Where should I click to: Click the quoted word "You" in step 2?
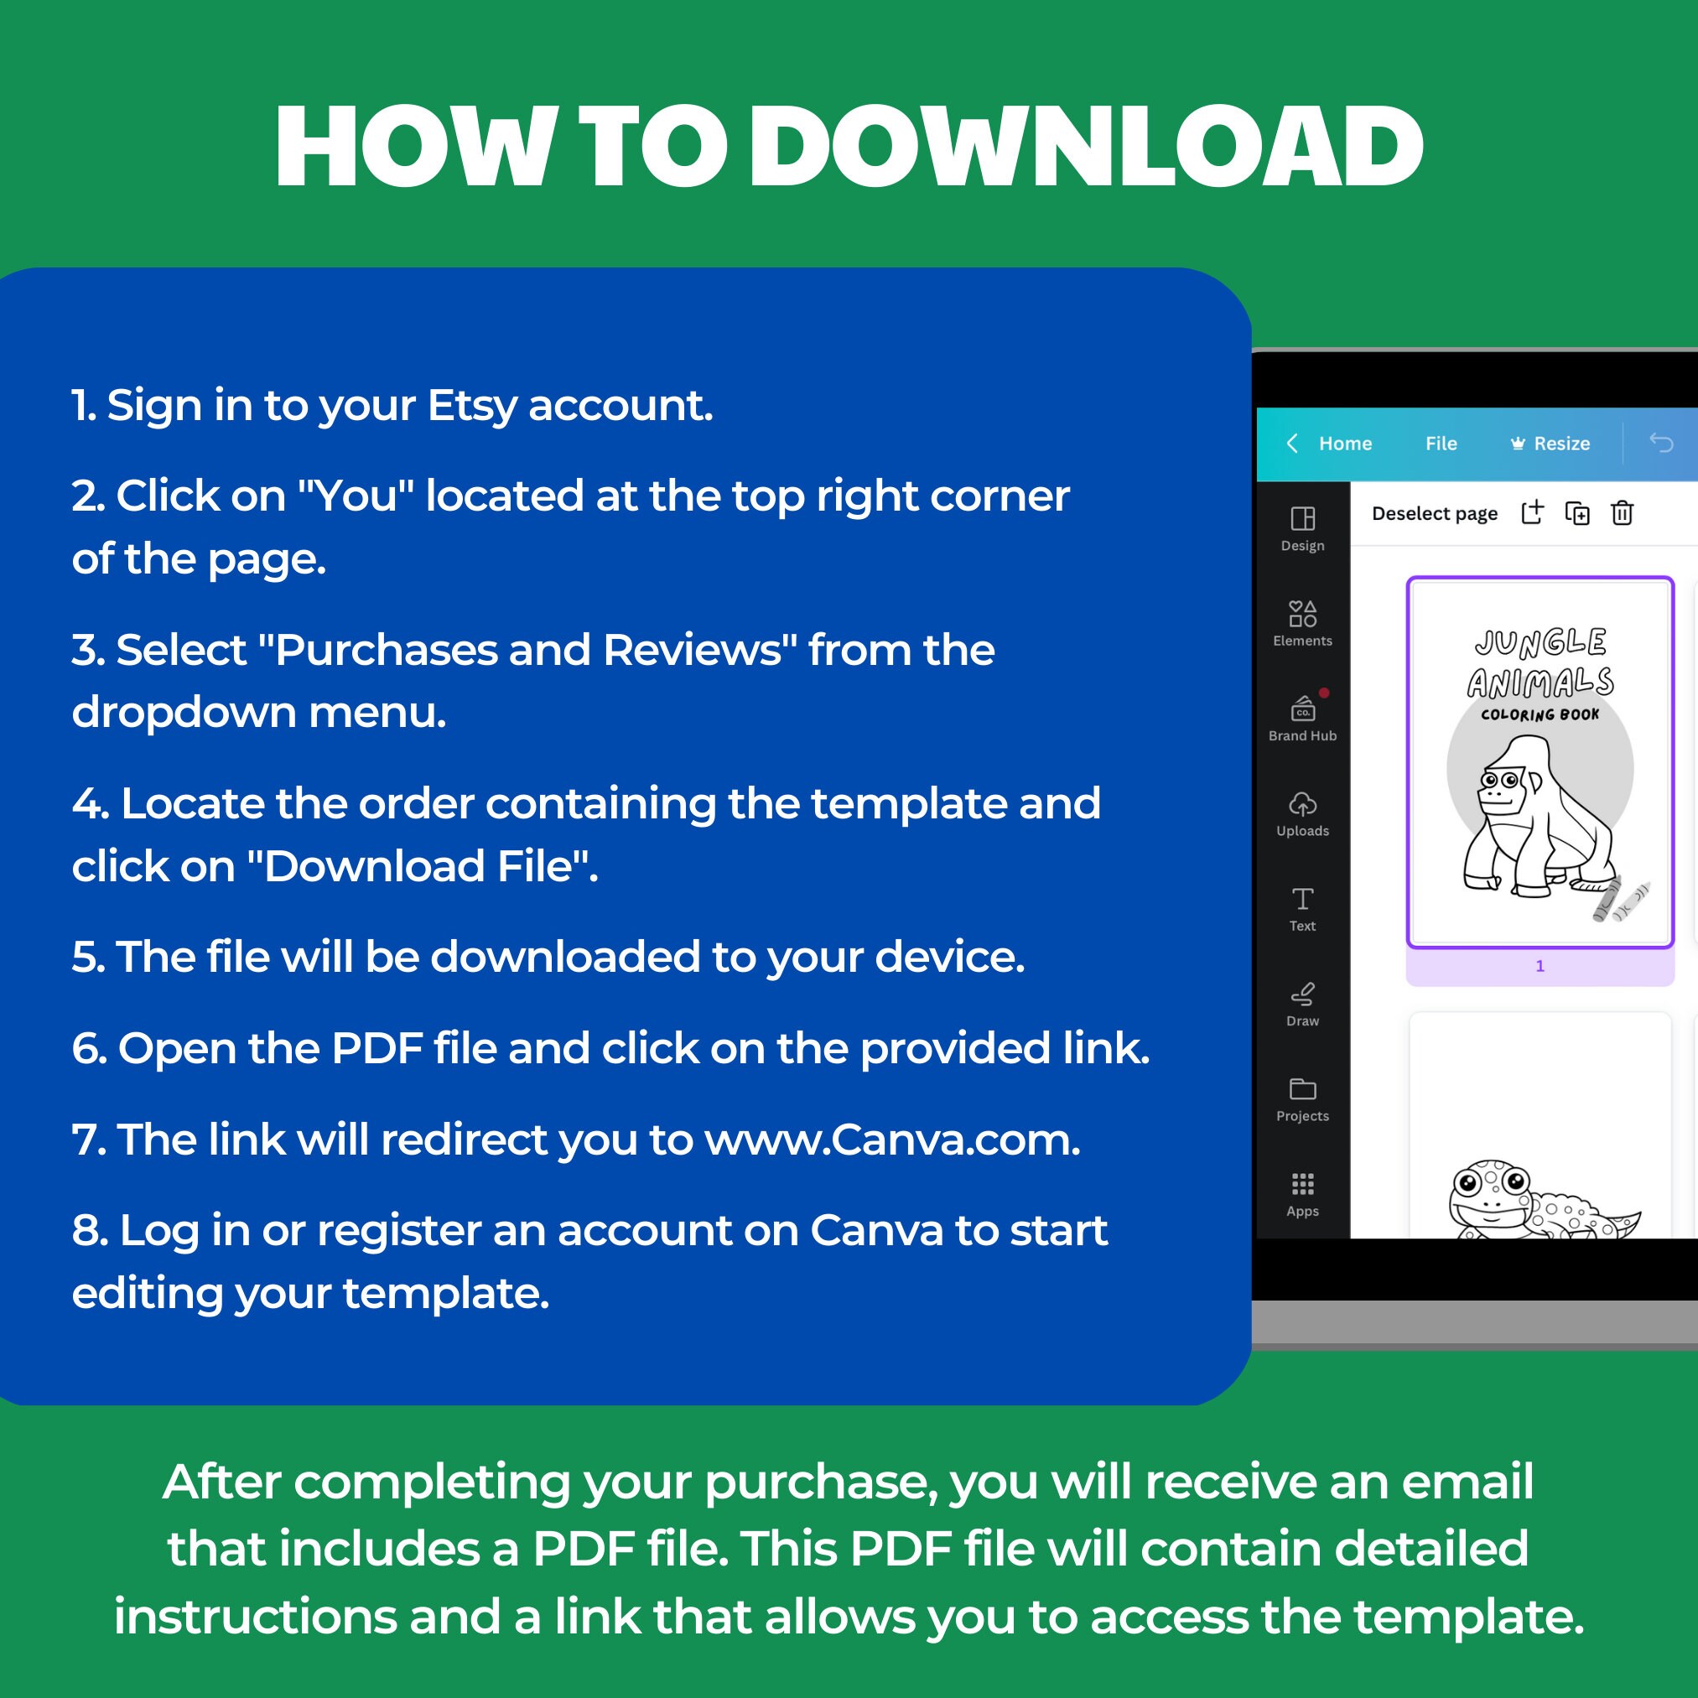356,496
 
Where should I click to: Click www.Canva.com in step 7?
892,1140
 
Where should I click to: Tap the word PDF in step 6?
377,1048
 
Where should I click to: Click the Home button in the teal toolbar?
1344,444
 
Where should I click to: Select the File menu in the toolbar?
1441,444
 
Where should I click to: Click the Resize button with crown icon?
1550,444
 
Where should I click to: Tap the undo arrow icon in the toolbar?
1660,443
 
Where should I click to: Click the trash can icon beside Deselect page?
1622,513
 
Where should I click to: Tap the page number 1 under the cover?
1540,966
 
